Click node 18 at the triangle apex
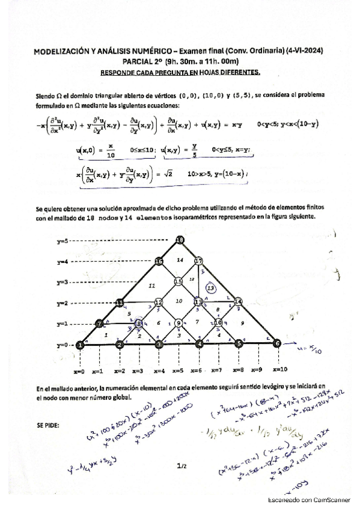pos(179,241)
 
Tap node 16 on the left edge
pos(159,262)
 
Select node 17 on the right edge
pos(199,262)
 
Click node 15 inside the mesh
pos(178,281)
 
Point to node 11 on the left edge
pos(120,302)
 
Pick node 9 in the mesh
pos(178,324)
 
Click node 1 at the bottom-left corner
pos(80,345)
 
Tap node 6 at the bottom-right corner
pos(277,343)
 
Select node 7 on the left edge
pos(100,324)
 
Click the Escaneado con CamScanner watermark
pos(307,500)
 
